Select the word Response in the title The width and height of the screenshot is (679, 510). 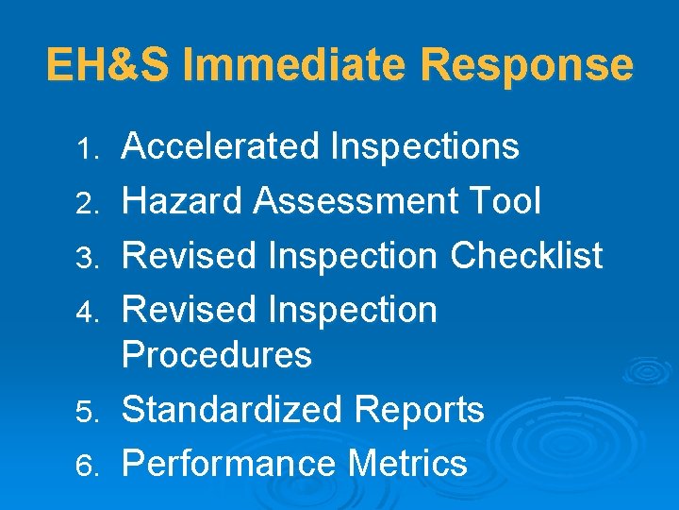pyautogui.click(x=527, y=65)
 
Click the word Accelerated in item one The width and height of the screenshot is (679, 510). pyautogui.click(x=222, y=146)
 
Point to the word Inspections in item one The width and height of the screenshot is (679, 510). pyautogui.click(x=425, y=147)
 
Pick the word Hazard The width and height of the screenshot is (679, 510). pyautogui.click(x=181, y=201)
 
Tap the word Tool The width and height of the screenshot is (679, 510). pyautogui.click(x=510, y=201)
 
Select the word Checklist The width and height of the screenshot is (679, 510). pyautogui.click(x=526, y=255)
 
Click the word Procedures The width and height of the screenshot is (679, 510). pyautogui.click(x=217, y=355)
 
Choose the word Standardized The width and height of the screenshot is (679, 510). pyautogui.click(x=233, y=410)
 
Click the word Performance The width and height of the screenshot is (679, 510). pyautogui.click(x=229, y=464)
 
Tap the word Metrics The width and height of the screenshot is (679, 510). pyautogui.click(x=407, y=464)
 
